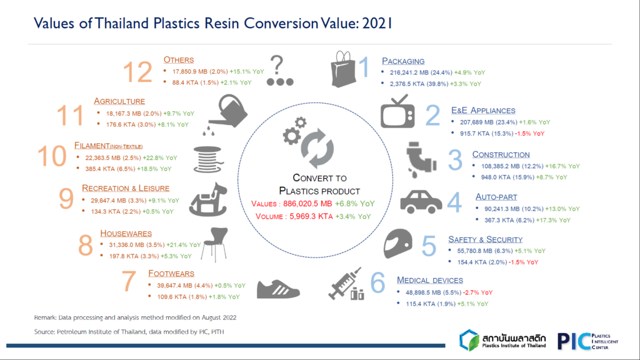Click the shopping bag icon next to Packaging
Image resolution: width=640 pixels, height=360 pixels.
(343, 69)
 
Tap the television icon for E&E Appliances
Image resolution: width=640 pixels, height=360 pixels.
(397, 112)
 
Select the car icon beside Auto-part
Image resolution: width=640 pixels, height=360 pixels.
(421, 202)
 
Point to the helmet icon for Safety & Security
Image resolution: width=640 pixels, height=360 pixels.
(398, 244)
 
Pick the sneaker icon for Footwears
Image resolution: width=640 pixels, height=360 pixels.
(278, 289)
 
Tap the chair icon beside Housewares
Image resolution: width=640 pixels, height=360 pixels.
(215, 244)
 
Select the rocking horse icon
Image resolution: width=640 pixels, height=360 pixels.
(208, 199)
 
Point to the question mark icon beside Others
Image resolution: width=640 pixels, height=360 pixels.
(279, 71)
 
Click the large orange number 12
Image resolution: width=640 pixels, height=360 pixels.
(137, 72)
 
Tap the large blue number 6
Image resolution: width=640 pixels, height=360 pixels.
(377, 282)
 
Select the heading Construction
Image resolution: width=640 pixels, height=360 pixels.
(501, 155)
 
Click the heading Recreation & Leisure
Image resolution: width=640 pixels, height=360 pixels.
(126, 188)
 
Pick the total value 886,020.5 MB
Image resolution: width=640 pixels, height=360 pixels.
(307, 204)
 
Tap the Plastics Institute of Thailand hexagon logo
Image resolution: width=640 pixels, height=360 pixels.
(469, 341)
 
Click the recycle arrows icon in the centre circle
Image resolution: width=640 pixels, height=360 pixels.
(317, 148)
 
